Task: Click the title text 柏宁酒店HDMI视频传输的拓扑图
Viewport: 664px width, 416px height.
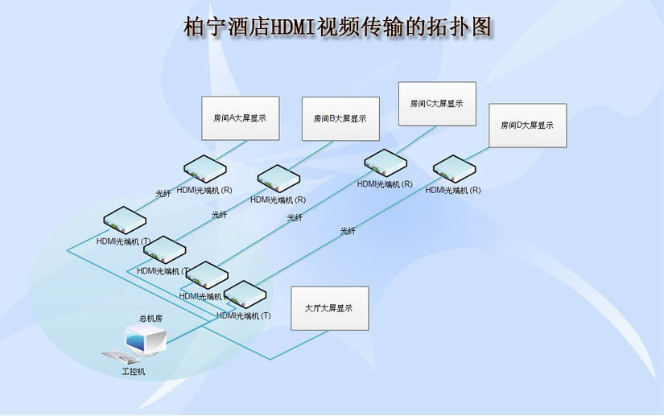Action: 336,27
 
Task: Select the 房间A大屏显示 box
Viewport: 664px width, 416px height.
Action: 239,118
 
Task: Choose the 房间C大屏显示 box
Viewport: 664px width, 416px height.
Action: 437,104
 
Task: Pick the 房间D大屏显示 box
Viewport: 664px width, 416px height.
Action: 527,126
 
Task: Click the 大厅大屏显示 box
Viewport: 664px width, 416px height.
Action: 329,308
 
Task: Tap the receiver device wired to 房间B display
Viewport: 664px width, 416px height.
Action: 278,179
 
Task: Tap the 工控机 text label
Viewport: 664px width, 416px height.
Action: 133,372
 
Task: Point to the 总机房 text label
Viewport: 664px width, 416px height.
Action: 151,319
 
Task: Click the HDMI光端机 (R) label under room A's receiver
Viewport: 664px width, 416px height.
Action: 204,191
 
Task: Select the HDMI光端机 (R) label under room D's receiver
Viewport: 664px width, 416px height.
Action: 453,191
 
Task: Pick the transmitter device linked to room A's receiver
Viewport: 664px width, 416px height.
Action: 124,220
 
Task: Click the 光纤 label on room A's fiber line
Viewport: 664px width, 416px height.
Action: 163,194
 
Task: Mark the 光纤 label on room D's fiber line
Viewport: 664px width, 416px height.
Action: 348,232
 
